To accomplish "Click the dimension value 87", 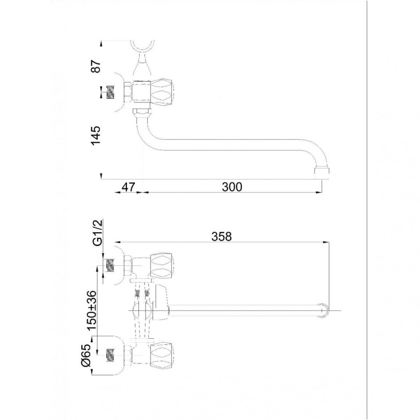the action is (96, 66).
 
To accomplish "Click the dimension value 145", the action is (96, 135).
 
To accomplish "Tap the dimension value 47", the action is (128, 187).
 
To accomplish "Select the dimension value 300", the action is (232, 187).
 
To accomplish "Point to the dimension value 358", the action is (222, 236).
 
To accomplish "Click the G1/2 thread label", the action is (97, 232).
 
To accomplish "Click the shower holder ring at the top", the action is (142, 46).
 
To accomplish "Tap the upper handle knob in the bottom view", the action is (162, 265).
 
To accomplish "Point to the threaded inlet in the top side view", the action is (111, 92).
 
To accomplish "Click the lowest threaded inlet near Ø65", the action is (111, 356).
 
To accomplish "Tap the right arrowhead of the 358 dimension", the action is (326, 243).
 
